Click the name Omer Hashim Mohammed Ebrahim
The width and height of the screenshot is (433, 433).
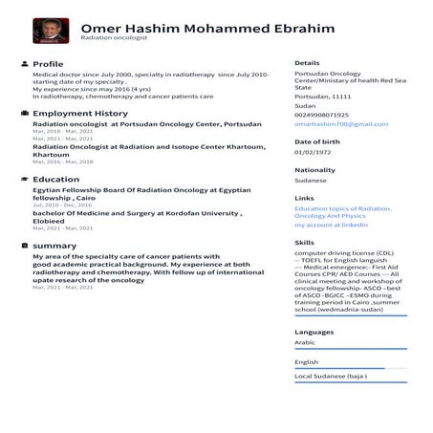click(207, 29)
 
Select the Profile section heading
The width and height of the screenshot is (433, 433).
click(48, 63)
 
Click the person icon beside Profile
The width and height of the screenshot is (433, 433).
click(23, 63)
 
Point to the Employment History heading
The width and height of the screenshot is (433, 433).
click(79, 113)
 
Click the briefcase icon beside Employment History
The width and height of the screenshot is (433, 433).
click(23, 113)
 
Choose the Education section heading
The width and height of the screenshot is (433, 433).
click(55, 179)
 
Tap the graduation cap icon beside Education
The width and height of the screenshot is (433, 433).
click(23, 179)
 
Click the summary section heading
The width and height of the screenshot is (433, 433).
click(54, 246)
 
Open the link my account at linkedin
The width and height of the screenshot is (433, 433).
click(331, 224)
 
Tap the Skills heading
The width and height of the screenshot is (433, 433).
click(304, 243)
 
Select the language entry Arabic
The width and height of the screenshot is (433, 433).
click(305, 341)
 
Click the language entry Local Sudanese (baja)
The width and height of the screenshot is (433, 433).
click(331, 376)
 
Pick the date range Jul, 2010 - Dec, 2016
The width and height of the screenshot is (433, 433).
click(62, 205)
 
